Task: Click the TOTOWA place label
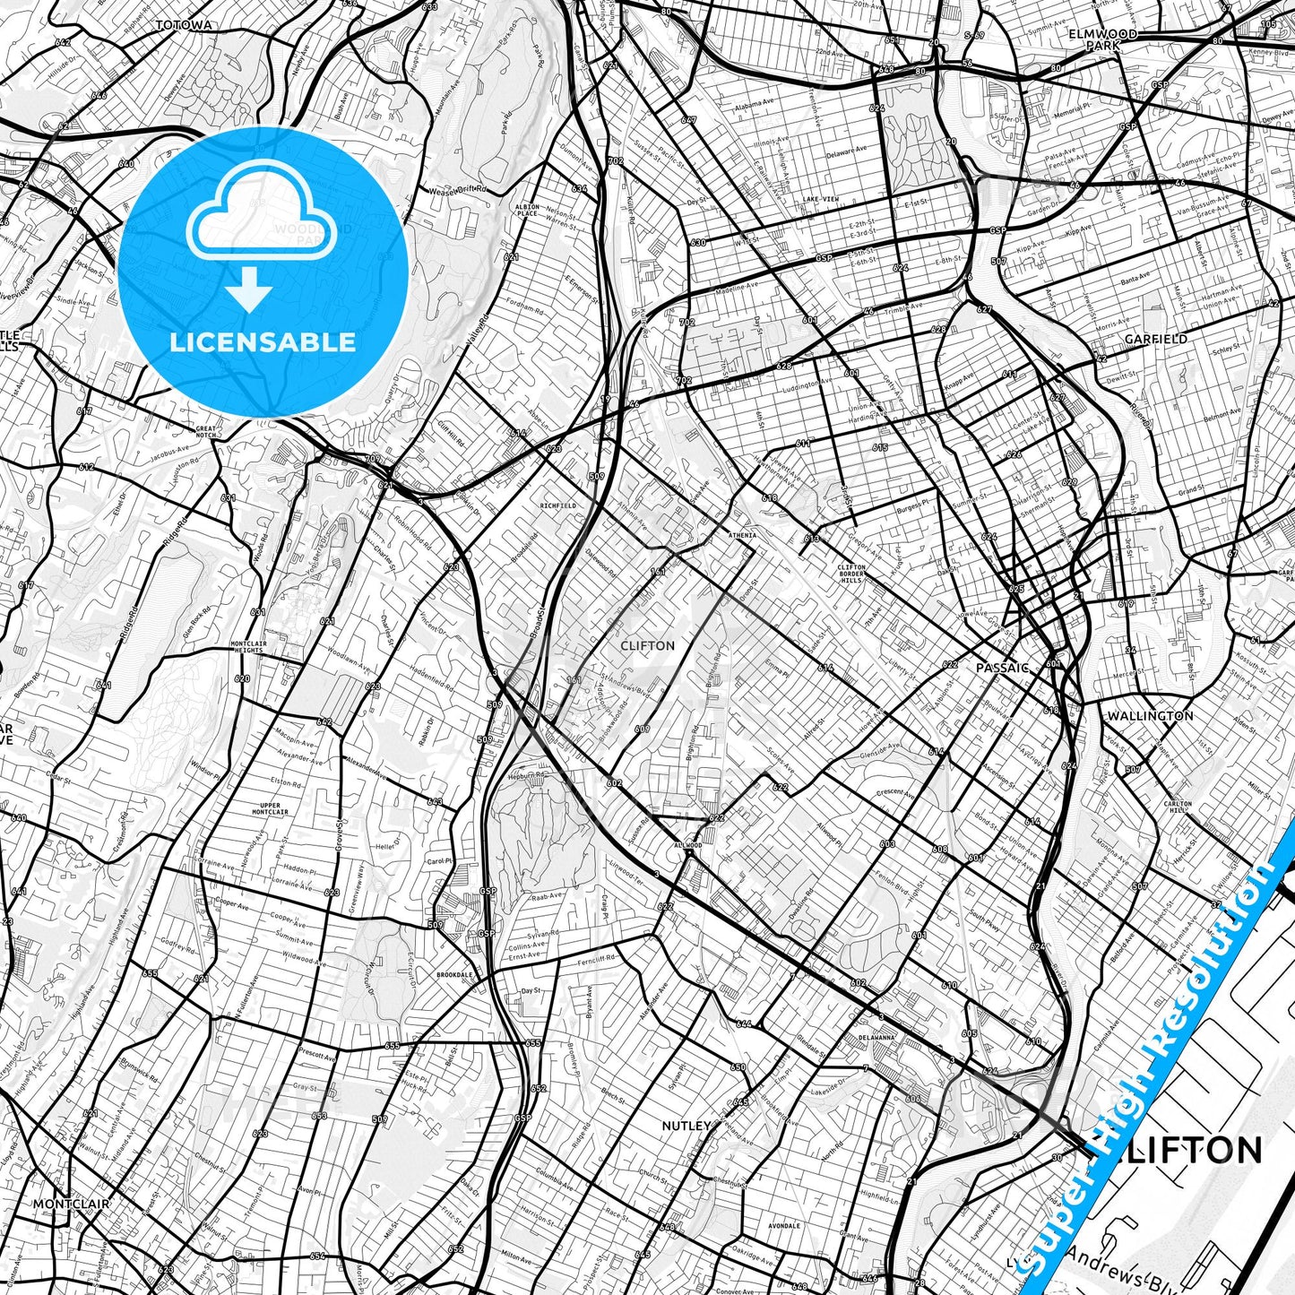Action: (x=183, y=25)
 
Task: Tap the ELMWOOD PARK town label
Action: (x=1102, y=39)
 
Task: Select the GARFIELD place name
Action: (x=1156, y=339)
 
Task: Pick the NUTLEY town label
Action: (x=686, y=1125)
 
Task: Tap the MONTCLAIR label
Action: (x=71, y=1204)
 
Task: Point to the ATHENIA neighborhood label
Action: (x=741, y=535)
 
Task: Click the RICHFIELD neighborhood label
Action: (x=557, y=505)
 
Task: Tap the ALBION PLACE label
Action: (x=526, y=210)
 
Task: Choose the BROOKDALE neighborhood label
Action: (x=454, y=974)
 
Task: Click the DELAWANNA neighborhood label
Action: (x=876, y=1038)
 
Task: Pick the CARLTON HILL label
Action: (x=1178, y=807)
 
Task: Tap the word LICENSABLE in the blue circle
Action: (x=263, y=341)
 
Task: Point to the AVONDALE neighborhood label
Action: (x=784, y=1226)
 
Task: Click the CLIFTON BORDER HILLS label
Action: (x=850, y=574)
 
